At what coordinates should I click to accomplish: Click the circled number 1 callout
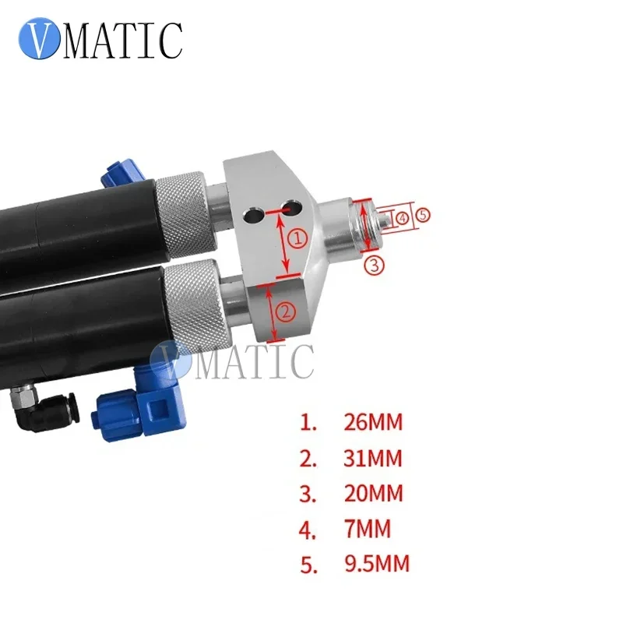coord(297,239)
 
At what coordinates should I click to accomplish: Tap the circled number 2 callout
coord(286,312)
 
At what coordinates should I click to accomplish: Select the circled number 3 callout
coord(375,266)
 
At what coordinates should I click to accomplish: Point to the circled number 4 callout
coord(402,219)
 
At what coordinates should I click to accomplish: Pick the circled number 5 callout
coord(421,215)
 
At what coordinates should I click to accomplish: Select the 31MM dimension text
coord(374,458)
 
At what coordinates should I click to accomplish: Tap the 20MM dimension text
coord(374,493)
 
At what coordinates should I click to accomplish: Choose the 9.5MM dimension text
coord(377,563)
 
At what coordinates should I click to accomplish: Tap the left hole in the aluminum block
coord(252,212)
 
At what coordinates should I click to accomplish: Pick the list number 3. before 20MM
coord(309,493)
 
